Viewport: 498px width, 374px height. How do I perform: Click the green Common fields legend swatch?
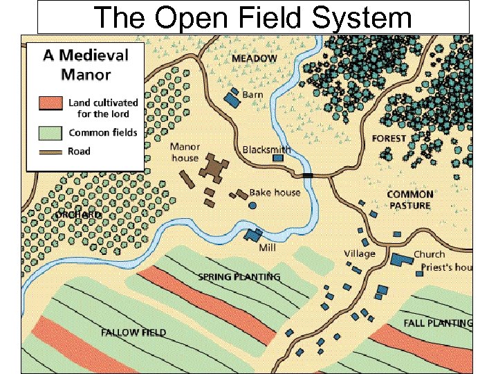[50, 132]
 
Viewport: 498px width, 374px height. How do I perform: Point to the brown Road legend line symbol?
[50, 151]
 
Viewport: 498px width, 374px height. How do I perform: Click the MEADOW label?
[254, 58]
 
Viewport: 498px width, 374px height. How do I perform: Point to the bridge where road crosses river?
[308, 175]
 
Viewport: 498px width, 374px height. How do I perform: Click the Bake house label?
[275, 192]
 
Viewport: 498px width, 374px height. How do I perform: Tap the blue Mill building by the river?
[253, 235]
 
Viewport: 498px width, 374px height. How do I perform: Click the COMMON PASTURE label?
[409, 199]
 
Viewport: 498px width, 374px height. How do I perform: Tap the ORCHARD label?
[78, 215]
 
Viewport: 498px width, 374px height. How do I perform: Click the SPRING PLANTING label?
[239, 277]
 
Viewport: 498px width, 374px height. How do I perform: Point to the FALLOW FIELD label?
[133, 332]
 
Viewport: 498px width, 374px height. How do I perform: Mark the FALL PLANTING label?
[438, 323]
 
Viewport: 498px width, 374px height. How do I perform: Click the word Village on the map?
[360, 253]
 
